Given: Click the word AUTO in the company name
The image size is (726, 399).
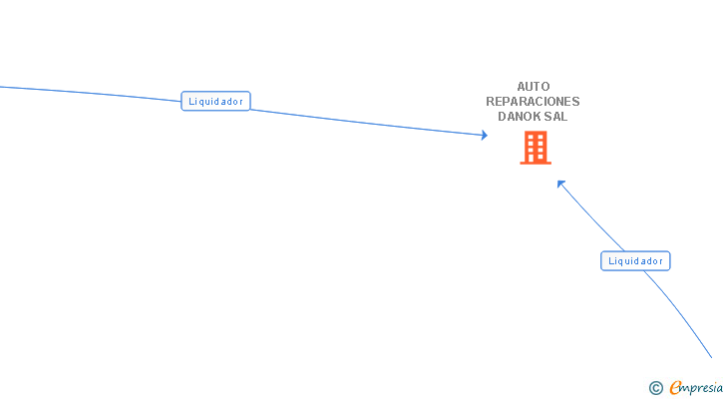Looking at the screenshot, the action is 533,87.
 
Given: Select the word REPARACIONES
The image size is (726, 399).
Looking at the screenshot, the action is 533,102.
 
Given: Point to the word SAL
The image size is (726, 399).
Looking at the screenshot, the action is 556,117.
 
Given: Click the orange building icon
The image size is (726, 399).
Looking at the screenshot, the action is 536,148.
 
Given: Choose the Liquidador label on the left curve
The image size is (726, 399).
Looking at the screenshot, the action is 215,101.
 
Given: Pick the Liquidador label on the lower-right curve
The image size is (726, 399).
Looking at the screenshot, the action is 635,261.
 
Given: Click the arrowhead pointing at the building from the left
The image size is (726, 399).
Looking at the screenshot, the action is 484,136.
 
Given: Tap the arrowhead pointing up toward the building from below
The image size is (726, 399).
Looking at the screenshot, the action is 561,184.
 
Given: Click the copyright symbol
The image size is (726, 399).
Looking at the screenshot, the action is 655,388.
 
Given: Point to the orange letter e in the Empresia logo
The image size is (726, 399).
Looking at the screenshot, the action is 675,388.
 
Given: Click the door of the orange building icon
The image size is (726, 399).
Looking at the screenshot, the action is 536,158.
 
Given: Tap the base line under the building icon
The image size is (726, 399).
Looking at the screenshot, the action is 536,163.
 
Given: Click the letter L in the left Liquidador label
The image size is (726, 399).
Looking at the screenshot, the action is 190,101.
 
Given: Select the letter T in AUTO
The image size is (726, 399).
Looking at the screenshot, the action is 537,87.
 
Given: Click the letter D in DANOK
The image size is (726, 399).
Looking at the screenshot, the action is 503,117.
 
